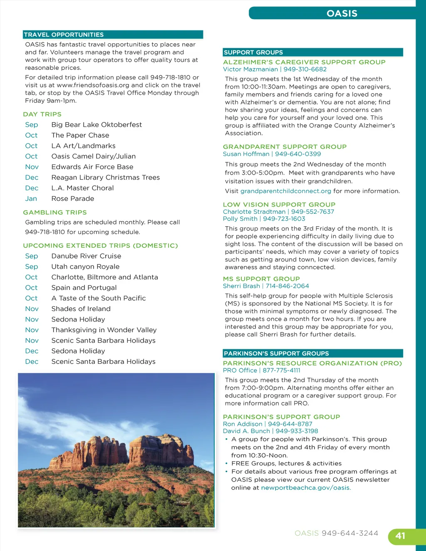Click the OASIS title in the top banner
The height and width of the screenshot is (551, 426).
click(x=342, y=13)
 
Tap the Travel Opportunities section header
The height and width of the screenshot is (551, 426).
click(x=64, y=35)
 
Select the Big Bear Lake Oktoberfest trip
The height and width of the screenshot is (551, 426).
click(x=97, y=125)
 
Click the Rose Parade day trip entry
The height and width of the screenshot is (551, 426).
click(x=73, y=199)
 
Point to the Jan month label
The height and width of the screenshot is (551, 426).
click(x=31, y=199)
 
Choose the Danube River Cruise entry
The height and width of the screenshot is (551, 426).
click(x=86, y=256)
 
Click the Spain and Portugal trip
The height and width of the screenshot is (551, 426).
click(x=84, y=288)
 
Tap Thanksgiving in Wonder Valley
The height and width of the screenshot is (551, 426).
click(x=104, y=330)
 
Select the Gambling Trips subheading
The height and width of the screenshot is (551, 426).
click(x=55, y=212)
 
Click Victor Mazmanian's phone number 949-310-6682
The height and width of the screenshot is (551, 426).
click(x=305, y=69)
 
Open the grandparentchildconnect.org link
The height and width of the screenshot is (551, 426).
click(x=286, y=191)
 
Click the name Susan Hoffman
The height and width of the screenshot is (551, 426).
click(x=246, y=154)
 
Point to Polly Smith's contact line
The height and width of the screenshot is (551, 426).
click(x=264, y=219)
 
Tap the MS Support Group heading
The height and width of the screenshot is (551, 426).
click(x=261, y=279)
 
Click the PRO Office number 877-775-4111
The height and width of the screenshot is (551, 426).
click(x=281, y=371)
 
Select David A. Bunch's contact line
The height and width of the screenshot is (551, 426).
click(x=270, y=431)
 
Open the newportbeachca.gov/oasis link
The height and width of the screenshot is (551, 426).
click(x=306, y=488)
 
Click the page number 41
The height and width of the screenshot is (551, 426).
click(x=400, y=536)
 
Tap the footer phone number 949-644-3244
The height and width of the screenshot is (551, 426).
click(x=350, y=534)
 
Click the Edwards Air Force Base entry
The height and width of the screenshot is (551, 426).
click(x=92, y=167)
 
